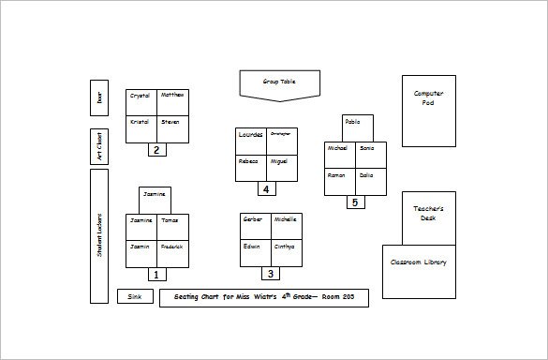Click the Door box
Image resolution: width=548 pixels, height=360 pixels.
[x=99, y=97]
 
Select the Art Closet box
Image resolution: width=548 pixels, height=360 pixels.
[x=99, y=145]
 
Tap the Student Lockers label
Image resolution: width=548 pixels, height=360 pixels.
[x=99, y=235]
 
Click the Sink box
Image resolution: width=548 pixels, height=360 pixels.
[x=134, y=297]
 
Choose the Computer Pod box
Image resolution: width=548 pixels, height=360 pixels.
[x=429, y=110]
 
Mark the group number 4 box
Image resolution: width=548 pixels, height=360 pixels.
[x=266, y=189]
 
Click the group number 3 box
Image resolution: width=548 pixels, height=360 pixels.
[x=271, y=275]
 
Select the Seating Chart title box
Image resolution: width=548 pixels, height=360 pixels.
[x=263, y=298]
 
